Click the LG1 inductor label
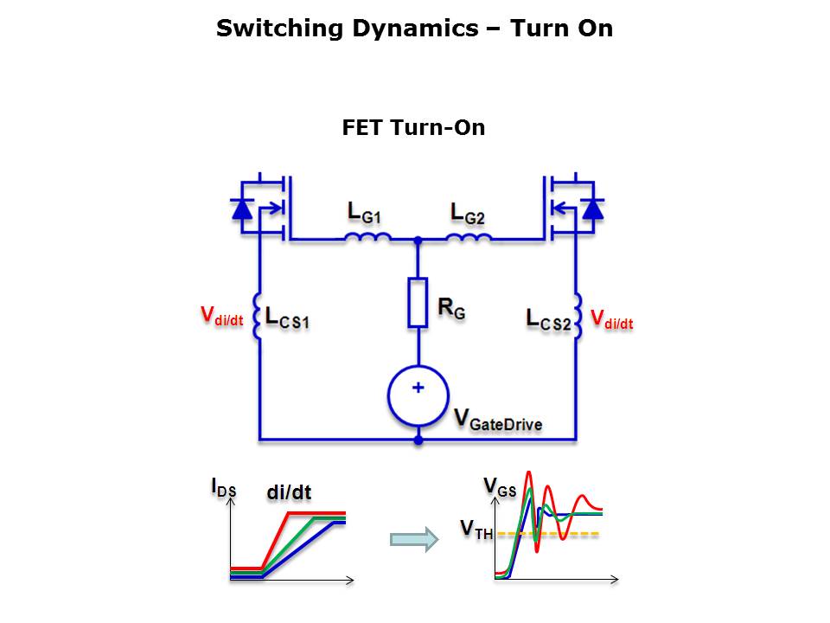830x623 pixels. [364, 213]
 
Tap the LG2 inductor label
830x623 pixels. [468, 214]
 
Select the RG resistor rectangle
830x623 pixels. [418, 302]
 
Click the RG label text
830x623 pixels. [451, 308]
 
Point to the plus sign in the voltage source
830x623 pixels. [418, 388]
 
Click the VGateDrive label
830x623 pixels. [498, 419]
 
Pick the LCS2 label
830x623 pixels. [549, 319]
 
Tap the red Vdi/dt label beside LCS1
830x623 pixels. [222, 316]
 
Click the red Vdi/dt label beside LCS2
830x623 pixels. [612, 319]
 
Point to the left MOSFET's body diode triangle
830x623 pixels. [242, 209]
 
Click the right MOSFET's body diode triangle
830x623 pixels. [593, 209]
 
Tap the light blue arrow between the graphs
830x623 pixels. [414, 539]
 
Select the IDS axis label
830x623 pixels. [223, 487]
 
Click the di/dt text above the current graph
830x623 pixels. [289, 492]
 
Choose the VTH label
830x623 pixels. [476, 530]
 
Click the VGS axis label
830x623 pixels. [500, 487]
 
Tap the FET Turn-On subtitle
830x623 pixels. [413, 128]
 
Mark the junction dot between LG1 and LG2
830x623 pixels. [418, 241]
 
